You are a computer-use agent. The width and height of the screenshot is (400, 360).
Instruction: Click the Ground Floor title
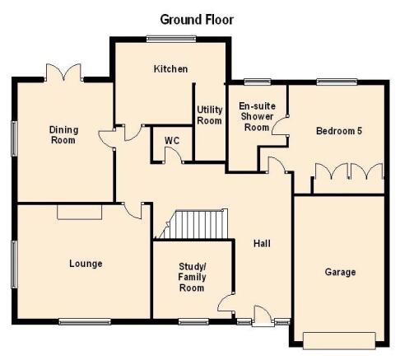tap(197, 20)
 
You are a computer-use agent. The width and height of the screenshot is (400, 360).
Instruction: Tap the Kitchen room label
tap(170, 68)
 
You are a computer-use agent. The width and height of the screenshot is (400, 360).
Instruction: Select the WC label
tap(172, 141)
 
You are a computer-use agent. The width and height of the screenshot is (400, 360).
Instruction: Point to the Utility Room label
tap(210, 115)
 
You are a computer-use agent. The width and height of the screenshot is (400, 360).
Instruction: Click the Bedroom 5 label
tap(339, 131)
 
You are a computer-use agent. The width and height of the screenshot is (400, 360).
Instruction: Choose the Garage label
tap(340, 272)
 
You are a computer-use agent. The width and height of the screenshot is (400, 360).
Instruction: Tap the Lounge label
tap(86, 264)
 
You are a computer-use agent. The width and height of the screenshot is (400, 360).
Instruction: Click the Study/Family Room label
tap(192, 277)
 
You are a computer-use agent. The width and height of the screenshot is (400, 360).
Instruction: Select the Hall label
tap(262, 243)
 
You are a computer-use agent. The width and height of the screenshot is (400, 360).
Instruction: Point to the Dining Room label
tap(63, 135)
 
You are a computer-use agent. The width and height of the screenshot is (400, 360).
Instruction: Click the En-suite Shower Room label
tap(257, 117)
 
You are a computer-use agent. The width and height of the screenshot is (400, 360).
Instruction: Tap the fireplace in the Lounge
tap(80, 212)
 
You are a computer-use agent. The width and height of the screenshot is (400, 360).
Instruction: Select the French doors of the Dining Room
tap(64, 72)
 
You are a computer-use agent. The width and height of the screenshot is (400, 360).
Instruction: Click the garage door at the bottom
tap(339, 341)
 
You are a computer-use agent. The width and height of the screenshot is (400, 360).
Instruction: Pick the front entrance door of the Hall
tap(263, 316)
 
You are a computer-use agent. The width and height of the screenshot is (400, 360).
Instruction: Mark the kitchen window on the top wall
tap(171, 39)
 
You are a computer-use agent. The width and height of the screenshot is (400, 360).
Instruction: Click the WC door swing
tap(173, 155)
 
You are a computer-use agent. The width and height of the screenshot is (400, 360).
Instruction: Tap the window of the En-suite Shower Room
tap(258, 82)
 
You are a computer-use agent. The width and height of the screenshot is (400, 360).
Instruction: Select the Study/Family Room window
tap(193, 321)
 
